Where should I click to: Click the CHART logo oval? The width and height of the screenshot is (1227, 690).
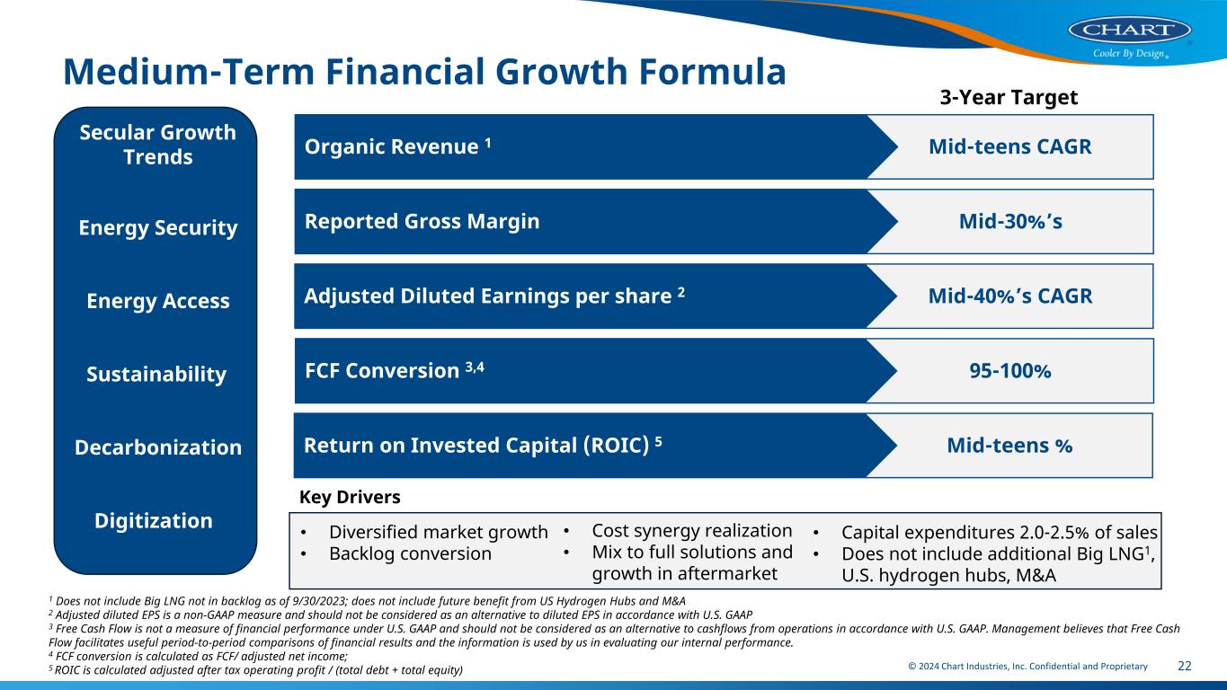(1130, 30)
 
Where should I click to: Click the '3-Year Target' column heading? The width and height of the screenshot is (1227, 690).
(1009, 97)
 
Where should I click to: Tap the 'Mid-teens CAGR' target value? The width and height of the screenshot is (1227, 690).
(1010, 146)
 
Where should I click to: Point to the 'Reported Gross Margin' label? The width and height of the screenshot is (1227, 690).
(422, 221)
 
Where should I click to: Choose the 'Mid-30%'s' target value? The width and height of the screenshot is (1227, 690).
(1010, 221)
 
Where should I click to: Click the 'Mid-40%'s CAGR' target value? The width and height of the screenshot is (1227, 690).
(1010, 296)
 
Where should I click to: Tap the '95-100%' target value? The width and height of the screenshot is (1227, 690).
(1010, 371)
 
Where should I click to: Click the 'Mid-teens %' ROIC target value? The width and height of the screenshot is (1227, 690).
(1009, 446)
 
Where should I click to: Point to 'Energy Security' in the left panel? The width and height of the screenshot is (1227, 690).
(158, 228)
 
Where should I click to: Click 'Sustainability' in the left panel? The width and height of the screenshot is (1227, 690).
(156, 374)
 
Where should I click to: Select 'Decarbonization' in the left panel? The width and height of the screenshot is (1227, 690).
(158, 447)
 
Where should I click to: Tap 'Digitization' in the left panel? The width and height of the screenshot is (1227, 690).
(154, 521)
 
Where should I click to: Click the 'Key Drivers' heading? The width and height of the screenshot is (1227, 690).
(350, 497)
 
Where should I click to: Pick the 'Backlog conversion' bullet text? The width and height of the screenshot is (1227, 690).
(410, 553)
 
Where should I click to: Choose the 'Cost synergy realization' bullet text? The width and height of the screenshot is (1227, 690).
(692, 531)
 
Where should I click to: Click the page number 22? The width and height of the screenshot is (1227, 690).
(1184, 666)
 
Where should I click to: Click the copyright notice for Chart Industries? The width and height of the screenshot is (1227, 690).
(1027, 667)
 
